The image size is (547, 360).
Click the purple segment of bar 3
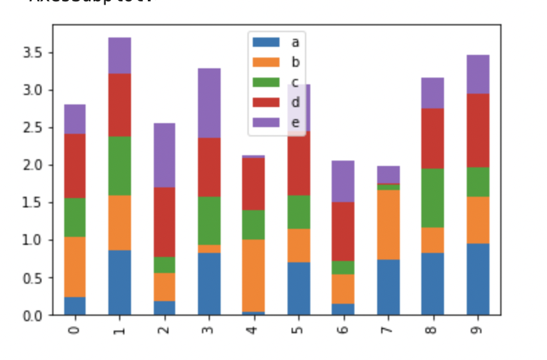(x=209, y=103)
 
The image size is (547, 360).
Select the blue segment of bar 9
(x=478, y=279)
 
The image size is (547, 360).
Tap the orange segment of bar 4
(x=254, y=276)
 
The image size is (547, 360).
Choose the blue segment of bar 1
(x=120, y=282)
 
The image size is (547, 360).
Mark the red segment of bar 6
(x=344, y=232)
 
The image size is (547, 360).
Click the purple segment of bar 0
(x=75, y=119)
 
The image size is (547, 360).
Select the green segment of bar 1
(x=120, y=166)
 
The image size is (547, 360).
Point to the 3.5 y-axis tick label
(x=33, y=53)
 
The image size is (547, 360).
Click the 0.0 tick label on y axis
(x=33, y=315)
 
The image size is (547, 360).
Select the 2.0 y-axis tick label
(x=33, y=165)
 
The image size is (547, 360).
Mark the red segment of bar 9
(x=478, y=130)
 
